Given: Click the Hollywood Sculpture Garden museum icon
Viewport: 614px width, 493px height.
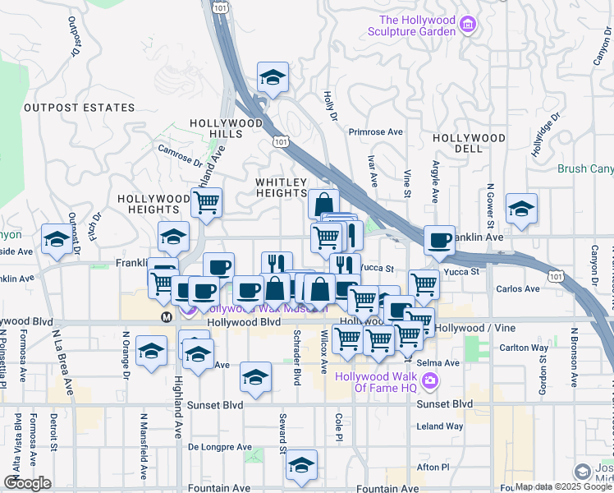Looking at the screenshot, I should (467, 26).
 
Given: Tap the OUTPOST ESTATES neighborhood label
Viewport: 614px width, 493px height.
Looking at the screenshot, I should (79, 108).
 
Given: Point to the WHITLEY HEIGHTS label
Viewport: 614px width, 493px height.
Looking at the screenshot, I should (281, 187).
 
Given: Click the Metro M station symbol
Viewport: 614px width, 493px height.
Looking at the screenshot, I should (167, 316).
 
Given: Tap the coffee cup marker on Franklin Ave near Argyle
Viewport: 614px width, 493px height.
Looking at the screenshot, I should (440, 240).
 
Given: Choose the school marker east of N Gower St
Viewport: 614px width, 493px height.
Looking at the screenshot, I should (520, 210).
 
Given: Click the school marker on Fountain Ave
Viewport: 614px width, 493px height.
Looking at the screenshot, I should (301, 466).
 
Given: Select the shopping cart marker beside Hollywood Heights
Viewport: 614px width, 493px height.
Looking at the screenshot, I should (206, 201).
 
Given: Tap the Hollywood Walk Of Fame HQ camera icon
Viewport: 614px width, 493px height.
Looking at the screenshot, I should (430, 380).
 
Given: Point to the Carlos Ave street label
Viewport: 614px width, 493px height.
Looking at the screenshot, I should (518, 289).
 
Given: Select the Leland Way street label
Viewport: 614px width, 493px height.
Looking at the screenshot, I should (440, 426).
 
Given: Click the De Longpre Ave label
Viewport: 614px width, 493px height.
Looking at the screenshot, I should (219, 447).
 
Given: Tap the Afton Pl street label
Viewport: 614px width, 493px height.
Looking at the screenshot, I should (433, 467).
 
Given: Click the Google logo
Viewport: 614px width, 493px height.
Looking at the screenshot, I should (27, 482).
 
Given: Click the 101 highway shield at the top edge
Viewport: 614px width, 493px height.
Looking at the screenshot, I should (219, 7).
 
